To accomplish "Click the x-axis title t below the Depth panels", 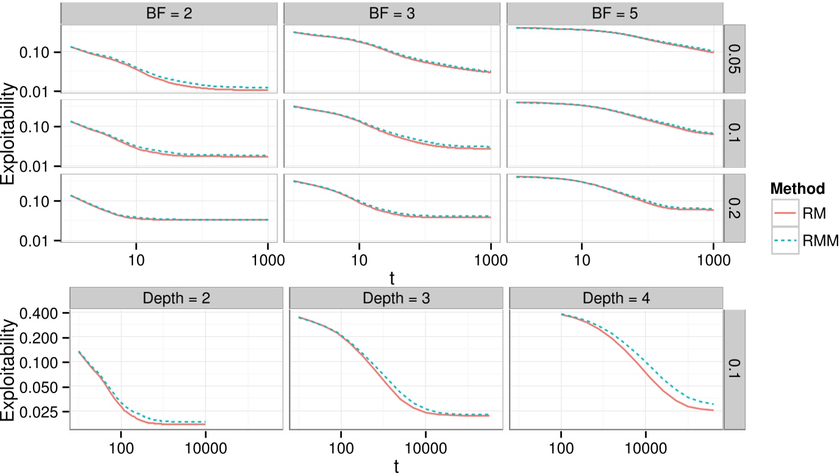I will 396,466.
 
